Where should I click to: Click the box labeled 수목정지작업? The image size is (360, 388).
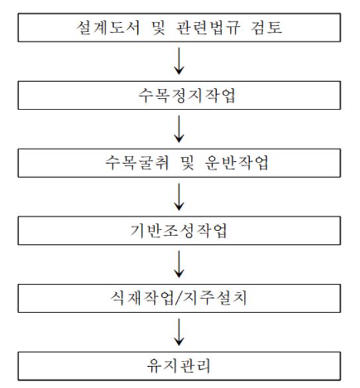pos(179,95)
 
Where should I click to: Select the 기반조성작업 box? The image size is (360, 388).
pos(179,231)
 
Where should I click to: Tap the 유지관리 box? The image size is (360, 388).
pos(179,365)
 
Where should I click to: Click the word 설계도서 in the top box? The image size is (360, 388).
pos(108,27)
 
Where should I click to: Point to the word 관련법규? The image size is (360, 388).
pos(208,27)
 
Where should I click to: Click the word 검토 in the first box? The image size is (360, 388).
pos(267,27)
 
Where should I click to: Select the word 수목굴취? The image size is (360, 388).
pos(137,162)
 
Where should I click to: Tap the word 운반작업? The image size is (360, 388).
pos(237,162)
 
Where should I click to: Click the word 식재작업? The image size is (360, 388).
pos(143,298)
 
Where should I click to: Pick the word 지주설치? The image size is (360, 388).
pos(215,298)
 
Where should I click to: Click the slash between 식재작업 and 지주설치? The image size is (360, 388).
pos(178,298)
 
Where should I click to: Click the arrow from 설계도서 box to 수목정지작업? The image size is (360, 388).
pos(179,61)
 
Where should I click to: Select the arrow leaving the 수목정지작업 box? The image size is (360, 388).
pos(179,129)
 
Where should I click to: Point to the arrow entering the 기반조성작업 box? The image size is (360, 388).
pos(179,197)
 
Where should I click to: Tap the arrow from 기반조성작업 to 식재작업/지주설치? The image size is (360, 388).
pos(179,264)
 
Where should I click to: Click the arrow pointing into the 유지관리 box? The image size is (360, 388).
pos(179,332)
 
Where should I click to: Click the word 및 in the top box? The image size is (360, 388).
pos(158,27)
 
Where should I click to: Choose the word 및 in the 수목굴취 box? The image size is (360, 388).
pos(188,162)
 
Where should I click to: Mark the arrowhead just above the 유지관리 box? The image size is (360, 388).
pos(179,342)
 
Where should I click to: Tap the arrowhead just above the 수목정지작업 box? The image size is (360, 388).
pos(179,71)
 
